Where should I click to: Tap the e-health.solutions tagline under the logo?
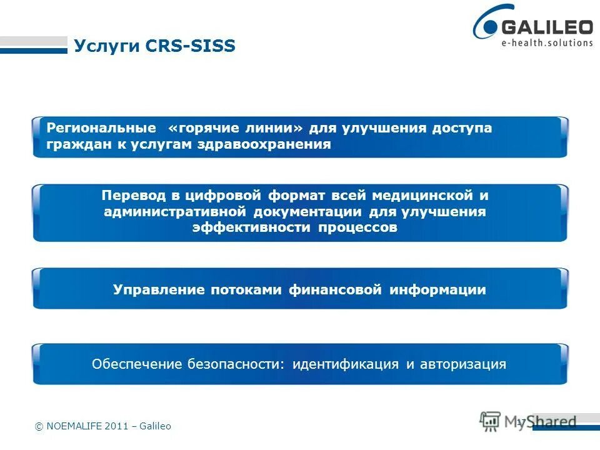pyautogui.click(x=547, y=42)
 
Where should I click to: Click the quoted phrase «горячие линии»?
pyautogui.click(x=236, y=128)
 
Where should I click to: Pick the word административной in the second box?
pyautogui.click(x=177, y=211)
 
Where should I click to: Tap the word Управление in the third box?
pyautogui.click(x=159, y=290)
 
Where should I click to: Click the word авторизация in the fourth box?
pyautogui.click(x=461, y=364)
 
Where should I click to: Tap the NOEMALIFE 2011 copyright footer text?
pyautogui.click(x=102, y=426)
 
